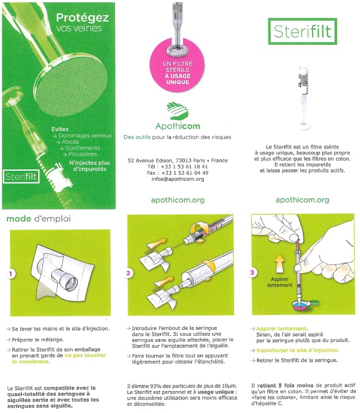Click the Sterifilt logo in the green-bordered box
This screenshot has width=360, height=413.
pos(302,31)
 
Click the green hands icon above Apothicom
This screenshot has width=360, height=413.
pos(178,110)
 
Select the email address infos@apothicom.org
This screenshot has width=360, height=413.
pos(178,179)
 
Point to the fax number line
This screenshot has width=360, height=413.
pos(178,173)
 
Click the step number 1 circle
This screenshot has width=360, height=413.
pos(10,274)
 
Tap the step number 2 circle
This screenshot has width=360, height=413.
pos(129,273)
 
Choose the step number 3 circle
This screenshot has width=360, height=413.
pos(252,273)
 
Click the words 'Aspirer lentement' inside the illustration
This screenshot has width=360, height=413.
pos(279,282)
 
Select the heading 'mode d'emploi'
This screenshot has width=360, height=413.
pos(39,219)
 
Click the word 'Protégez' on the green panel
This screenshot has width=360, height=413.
pos(82,17)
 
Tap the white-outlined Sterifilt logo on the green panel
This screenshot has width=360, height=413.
pos(21,176)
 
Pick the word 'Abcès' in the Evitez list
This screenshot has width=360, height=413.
pos(70,141)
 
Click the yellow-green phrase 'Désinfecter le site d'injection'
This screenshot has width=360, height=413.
pos(297,350)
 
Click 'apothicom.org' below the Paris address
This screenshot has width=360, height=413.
pos(178,200)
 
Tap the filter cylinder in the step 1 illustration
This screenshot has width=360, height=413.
pos(65,280)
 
